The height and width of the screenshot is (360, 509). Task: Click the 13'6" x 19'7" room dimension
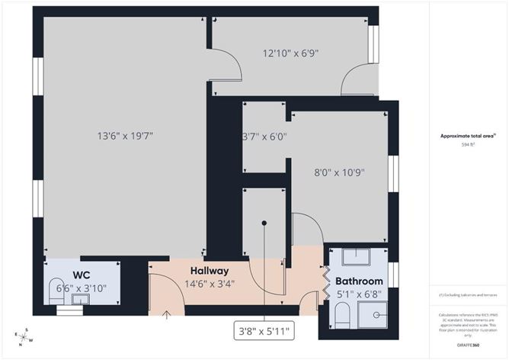[x=126, y=137]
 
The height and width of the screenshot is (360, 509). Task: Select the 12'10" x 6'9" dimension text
[x=290, y=53]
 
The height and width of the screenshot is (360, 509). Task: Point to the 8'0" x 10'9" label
[x=341, y=172]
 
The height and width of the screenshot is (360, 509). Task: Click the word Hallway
[x=210, y=271]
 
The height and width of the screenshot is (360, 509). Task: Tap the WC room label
[x=82, y=275]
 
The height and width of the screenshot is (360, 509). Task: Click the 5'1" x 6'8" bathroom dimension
[x=357, y=293]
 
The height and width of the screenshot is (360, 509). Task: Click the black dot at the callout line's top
[x=264, y=223]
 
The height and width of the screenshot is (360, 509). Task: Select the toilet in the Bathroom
[x=342, y=313]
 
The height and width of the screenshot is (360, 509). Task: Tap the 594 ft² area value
[x=468, y=144]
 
